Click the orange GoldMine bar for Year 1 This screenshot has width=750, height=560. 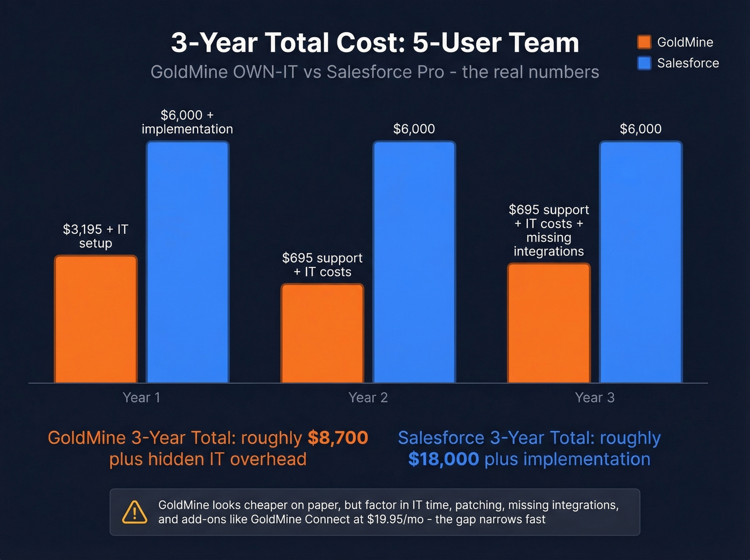[x=96, y=319]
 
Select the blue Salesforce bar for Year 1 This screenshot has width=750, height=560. [x=187, y=262]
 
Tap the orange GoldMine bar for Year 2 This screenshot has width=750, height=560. [x=322, y=333]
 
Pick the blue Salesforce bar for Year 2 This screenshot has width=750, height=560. [x=414, y=262]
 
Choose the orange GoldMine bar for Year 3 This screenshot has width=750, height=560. [x=549, y=323]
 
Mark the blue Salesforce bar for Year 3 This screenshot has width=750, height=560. [x=641, y=262]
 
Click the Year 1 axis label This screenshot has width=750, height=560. [x=141, y=398]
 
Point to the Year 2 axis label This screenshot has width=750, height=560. [x=368, y=398]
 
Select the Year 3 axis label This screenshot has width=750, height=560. [x=595, y=398]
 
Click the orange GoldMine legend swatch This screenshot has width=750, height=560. [x=644, y=42]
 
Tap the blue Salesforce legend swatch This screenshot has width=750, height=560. [x=644, y=63]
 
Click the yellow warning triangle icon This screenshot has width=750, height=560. [x=134, y=512]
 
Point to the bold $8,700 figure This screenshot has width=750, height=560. [x=338, y=438]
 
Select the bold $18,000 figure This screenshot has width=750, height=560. [x=443, y=459]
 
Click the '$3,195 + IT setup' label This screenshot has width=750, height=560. [x=96, y=236]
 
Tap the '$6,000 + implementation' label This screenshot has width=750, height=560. [x=187, y=122]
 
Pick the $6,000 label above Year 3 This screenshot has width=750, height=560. [x=641, y=129]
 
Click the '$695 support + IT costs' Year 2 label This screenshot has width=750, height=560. [x=322, y=265]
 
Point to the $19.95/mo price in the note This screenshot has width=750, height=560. [x=395, y=519]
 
